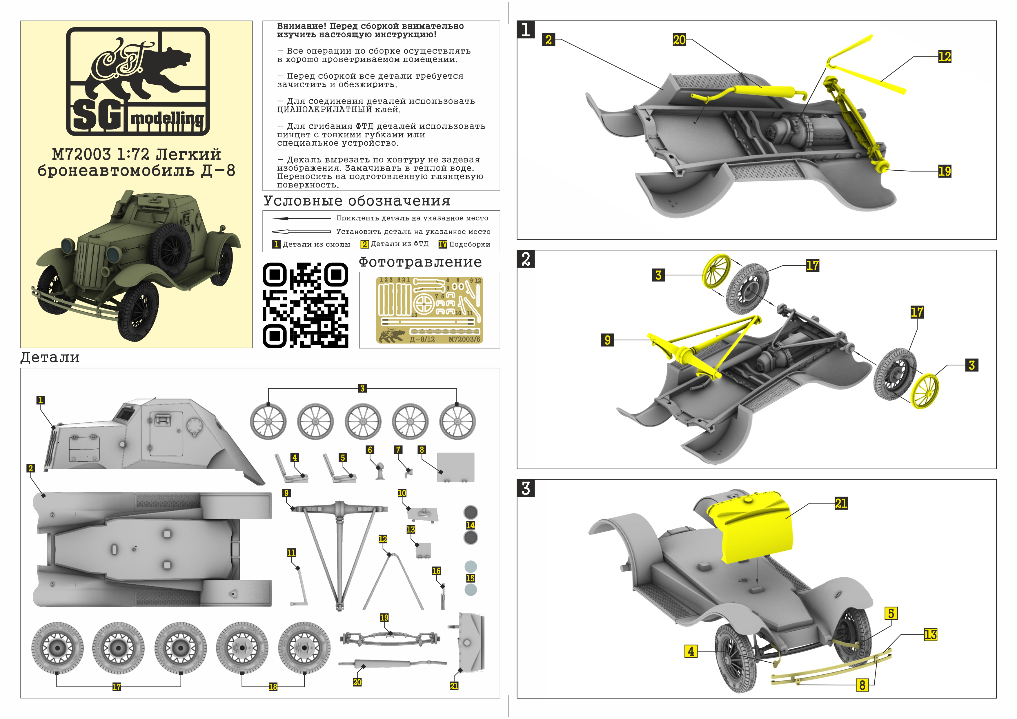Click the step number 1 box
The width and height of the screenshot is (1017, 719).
click(x=526, y=30)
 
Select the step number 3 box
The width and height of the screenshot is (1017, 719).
click(x=526, y=488)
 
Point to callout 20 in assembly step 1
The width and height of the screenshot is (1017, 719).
click(x=679, y=40)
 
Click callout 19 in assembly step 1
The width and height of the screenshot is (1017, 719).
click(x=944, y=171)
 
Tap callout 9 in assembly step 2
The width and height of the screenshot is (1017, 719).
click(x=607, y=340)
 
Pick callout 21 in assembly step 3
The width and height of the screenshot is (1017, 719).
click(x=841, y=503)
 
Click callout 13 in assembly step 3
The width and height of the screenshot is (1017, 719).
click(x=930, y=635)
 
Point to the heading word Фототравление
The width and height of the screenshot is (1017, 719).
click(x=420, y=262)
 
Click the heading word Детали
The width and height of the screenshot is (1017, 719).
click(x=50, y=357)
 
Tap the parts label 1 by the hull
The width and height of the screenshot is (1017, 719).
click(x=40, y=400)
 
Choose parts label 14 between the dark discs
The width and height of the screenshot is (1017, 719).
click(x=471, y=525)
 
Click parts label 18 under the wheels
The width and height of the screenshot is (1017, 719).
click(x=273, y=687)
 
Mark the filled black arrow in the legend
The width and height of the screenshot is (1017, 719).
click(x=301, y=218)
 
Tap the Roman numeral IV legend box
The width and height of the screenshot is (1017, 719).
click(x=442, y=244)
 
